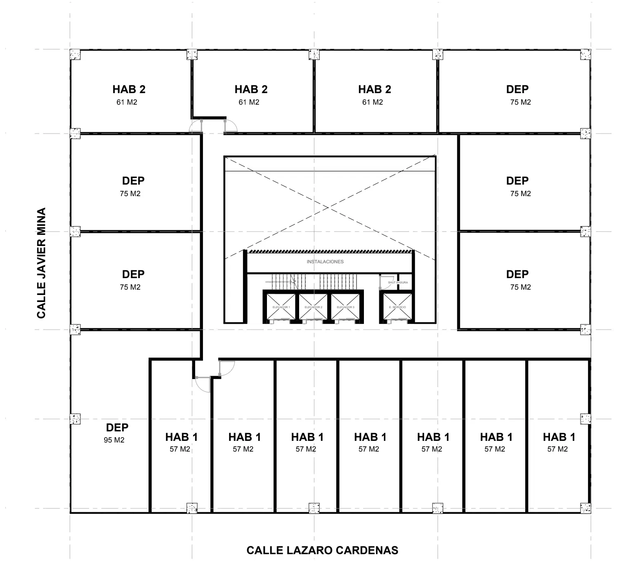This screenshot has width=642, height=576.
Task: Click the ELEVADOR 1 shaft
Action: point(281,307)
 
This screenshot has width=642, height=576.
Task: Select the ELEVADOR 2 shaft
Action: point(313,307)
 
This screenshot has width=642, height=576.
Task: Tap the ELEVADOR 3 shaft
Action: point(346,307)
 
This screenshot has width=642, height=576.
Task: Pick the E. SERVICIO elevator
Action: point(397,307)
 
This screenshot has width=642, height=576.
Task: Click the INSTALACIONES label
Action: point(325,262)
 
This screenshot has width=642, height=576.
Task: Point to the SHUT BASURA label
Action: point(398,283)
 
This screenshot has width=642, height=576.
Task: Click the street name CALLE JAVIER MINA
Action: point(41,263)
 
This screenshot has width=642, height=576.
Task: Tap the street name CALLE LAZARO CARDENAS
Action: point(322,550)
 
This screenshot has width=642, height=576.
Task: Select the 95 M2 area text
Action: point(114,440)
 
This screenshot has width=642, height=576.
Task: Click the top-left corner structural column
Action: point(75,55)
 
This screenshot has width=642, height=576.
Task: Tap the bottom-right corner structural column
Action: point(585,508)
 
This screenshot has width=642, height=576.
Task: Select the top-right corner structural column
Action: point(585,55)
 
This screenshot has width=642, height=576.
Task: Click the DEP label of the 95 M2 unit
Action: point(117,428)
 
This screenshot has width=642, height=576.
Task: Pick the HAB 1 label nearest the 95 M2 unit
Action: point(182,437)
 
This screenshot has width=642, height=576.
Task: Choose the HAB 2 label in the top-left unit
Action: point(129,89)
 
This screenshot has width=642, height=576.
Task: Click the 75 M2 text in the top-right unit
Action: point(520,102)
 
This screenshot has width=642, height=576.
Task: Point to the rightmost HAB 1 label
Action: point(559,437)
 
